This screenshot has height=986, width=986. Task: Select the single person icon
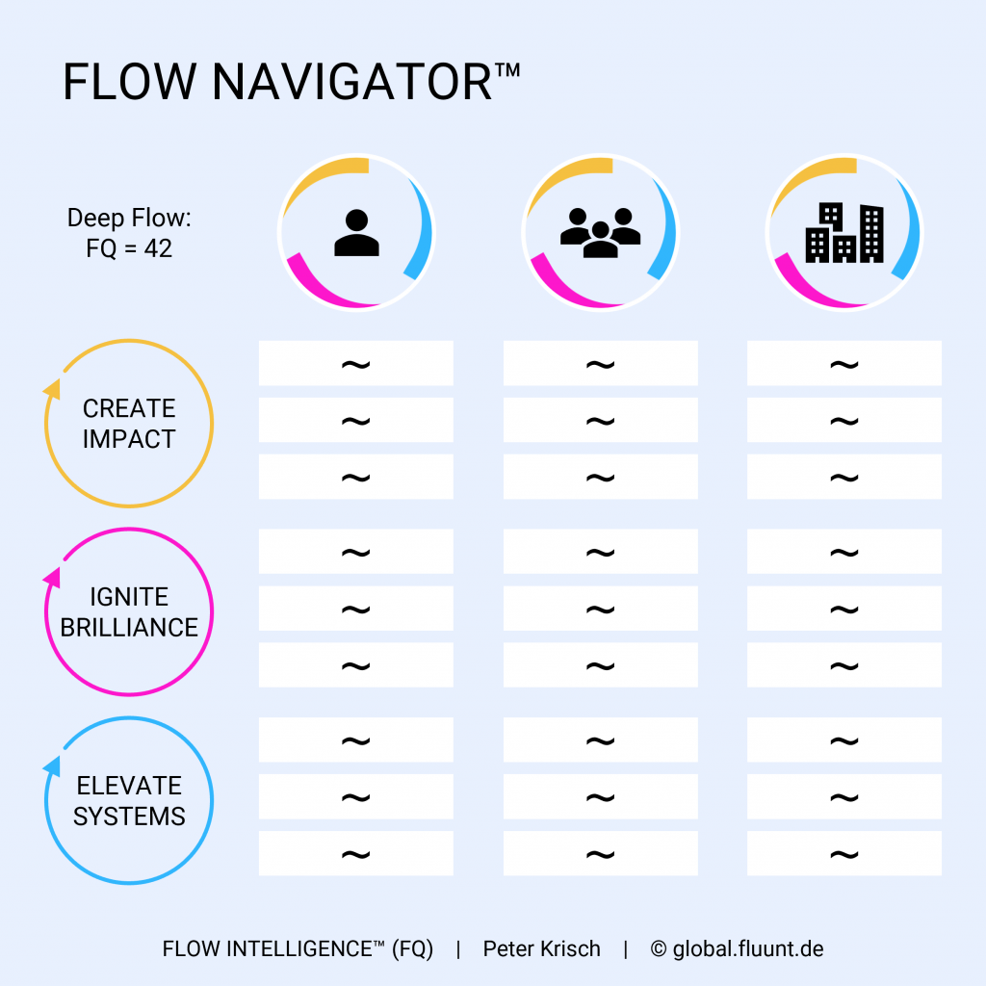[x=356, y=232]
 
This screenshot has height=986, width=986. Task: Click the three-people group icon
[x=600, y=232]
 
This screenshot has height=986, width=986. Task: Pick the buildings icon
[x=843, y=232]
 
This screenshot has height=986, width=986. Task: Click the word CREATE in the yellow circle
[x=129, y=408]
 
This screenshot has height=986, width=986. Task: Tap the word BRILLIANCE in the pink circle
[x=129, y=627]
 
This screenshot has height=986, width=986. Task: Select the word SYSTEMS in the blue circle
[x=129, y=817]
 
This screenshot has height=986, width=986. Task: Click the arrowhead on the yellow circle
[x=52, y=389]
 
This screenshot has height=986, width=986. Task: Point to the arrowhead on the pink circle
[x=52, y=578]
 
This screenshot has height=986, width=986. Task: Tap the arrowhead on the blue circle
[x=52, y=766]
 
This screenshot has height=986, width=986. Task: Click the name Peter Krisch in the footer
[x=541, y=949]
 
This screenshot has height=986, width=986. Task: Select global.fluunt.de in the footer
[x=748, y=949]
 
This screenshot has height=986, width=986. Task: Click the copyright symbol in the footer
[x=659, y=949]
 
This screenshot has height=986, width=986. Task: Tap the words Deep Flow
[x=129, y=219]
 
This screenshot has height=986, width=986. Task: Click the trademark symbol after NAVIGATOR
[x=508, y=69]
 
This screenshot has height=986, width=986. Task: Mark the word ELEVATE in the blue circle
[x=129, y=787]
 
